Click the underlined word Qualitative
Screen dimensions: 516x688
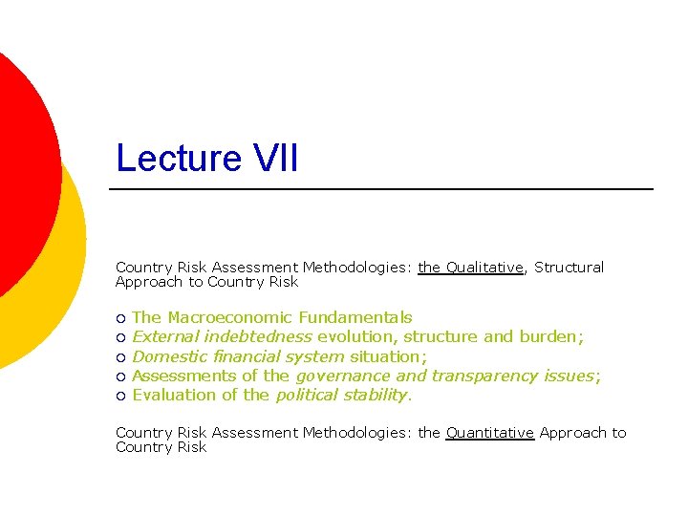(x=484, y=268)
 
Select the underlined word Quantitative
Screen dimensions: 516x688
(x=489, y=433)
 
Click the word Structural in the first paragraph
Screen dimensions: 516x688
(x=569, y=268)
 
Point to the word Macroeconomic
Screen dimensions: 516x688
(x=230, y=317)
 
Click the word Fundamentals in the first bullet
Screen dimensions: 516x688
(x=355, y=317)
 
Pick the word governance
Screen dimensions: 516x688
(x=342, y=376)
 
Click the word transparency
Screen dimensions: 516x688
(x=484, y=376)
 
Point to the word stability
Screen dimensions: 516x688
(x=375, y=395)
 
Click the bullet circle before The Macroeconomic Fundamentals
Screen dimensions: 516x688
(x=120, y=318)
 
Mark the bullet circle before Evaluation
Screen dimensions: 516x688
(x=120, y=396)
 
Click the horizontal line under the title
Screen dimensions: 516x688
(x=382, y=189)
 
